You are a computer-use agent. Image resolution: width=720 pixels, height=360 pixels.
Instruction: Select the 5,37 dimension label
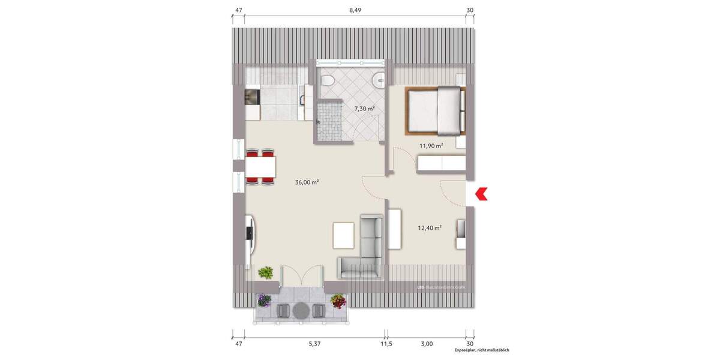(x=314, y=343)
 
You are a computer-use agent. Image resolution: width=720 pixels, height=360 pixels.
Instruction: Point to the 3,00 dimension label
(x=426, y=343)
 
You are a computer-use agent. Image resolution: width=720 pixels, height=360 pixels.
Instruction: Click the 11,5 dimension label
(x=384, y=343)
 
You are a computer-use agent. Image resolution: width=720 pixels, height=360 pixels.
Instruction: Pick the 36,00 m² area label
(x=307, y=182)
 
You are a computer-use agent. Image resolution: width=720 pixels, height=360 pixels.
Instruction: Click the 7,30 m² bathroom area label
(x=364, y=109)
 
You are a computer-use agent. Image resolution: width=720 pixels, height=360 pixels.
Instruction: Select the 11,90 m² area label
(x=431, y=145)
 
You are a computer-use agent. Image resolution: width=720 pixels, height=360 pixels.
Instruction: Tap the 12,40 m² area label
(x=430, y=227)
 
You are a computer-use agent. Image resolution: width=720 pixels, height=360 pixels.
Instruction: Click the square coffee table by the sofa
(x=344, y=234)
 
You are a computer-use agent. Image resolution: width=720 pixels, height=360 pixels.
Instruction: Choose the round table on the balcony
(x=300, y=310)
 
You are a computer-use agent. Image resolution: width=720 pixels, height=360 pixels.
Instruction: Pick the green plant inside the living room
(x=265, y=273)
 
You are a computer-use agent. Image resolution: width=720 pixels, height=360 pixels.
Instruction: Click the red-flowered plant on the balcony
(x=338, y=300)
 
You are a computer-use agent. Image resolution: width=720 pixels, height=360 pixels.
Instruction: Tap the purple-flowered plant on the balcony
(x=264, y=300)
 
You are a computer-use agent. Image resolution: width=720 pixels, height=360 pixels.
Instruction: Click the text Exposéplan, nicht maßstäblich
(x=481, y=350)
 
